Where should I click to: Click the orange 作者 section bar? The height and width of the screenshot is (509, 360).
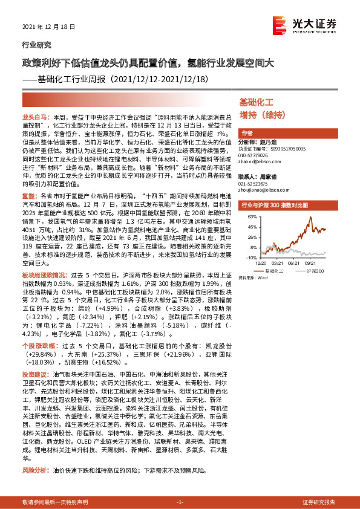247,133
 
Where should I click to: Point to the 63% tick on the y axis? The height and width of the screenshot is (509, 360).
248,218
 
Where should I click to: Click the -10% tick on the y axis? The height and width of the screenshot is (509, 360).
248,257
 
